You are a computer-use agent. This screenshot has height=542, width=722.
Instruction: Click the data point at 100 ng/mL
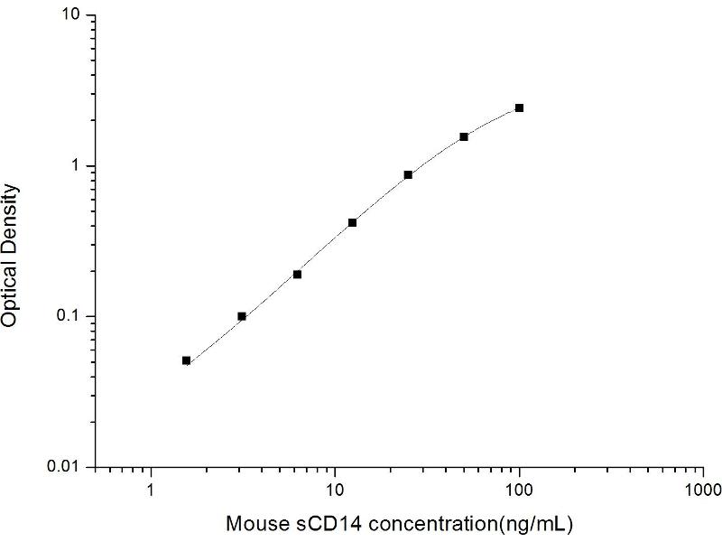519,107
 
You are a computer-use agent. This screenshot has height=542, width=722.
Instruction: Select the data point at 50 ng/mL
464,136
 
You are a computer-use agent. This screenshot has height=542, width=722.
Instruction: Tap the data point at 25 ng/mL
408,174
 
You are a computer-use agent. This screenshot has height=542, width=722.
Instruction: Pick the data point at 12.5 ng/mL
352,222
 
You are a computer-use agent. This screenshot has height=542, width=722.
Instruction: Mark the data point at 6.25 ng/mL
297,274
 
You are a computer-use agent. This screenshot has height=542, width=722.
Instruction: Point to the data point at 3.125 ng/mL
242,316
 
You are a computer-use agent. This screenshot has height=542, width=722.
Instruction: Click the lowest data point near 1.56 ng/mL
186,360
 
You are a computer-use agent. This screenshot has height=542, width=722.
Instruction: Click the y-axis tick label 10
75,16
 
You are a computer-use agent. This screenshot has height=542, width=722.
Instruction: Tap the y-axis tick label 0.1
72,316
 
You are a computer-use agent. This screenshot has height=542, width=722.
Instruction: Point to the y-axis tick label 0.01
69,466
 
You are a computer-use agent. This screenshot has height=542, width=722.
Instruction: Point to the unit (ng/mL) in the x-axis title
540,523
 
